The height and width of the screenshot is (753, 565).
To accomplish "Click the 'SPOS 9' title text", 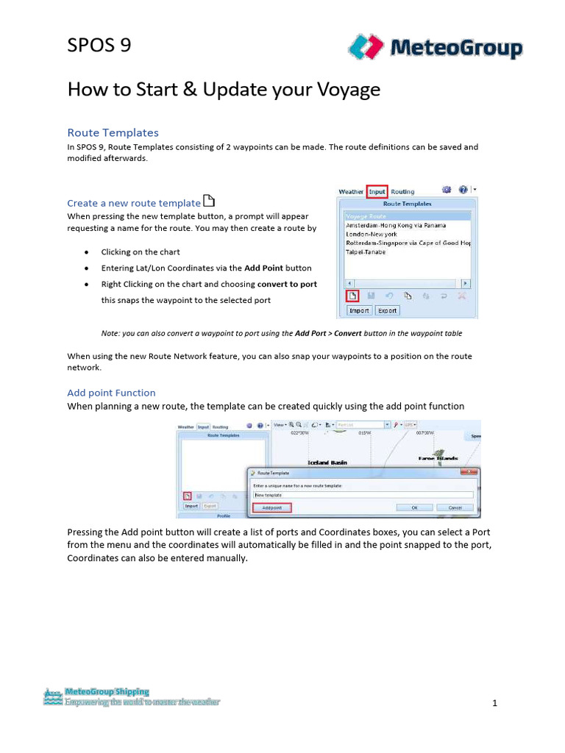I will coord(99,46).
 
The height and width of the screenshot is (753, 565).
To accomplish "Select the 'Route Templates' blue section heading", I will coord(113,132).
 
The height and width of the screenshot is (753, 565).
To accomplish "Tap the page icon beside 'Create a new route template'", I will coord(209,201).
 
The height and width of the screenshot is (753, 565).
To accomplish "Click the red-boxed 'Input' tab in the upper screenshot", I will coord(377,191).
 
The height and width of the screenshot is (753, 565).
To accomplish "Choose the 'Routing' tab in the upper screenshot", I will coord(402,191).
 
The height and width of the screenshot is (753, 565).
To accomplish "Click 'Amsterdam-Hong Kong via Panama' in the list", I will coord(395,225).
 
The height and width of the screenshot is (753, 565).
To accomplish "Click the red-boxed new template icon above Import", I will coord(352,296).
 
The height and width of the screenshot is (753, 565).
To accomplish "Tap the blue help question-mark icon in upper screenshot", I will coord(463,190).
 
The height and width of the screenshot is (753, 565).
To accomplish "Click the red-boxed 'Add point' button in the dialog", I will coord(271,507).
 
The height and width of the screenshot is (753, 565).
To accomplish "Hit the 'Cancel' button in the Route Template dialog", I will coord(455,507).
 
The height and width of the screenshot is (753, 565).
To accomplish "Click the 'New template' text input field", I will coord(363,496).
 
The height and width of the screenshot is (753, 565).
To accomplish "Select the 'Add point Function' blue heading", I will coord(111,393).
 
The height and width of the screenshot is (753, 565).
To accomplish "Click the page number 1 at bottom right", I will coord(495,703).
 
